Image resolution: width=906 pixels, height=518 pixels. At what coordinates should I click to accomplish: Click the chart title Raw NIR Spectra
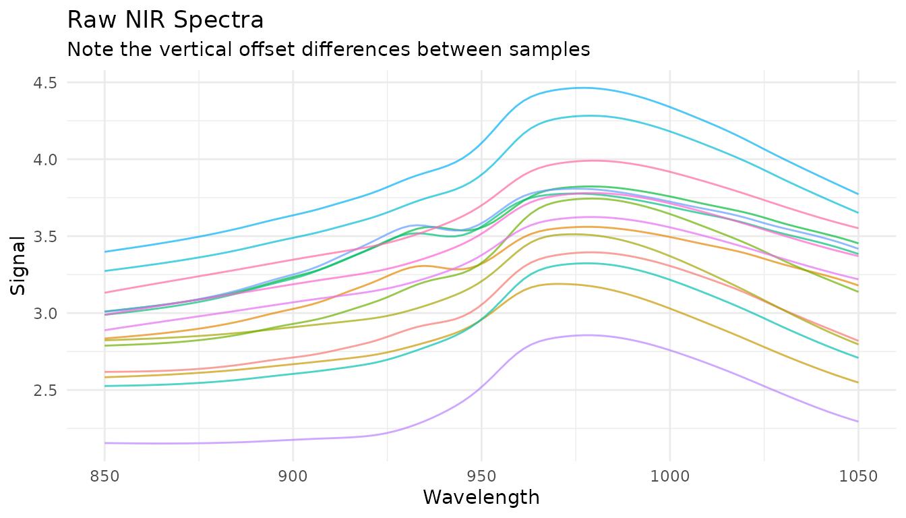(165, 20)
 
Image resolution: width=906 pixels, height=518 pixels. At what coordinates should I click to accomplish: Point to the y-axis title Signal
(19, 264)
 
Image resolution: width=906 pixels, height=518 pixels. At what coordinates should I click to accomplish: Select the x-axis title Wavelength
(481, 498)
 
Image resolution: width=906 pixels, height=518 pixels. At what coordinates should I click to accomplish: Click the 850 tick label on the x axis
(104, 476)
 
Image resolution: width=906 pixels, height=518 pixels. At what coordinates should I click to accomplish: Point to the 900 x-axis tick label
(293, 476)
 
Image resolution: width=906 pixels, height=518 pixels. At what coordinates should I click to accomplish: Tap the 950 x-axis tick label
(481, 476)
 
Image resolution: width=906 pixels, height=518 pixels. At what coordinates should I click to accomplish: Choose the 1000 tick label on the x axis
(669, 476)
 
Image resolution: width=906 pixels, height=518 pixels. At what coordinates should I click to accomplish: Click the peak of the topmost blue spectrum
(584, 88)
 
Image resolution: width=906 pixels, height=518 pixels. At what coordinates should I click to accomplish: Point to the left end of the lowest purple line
(105, 443)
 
